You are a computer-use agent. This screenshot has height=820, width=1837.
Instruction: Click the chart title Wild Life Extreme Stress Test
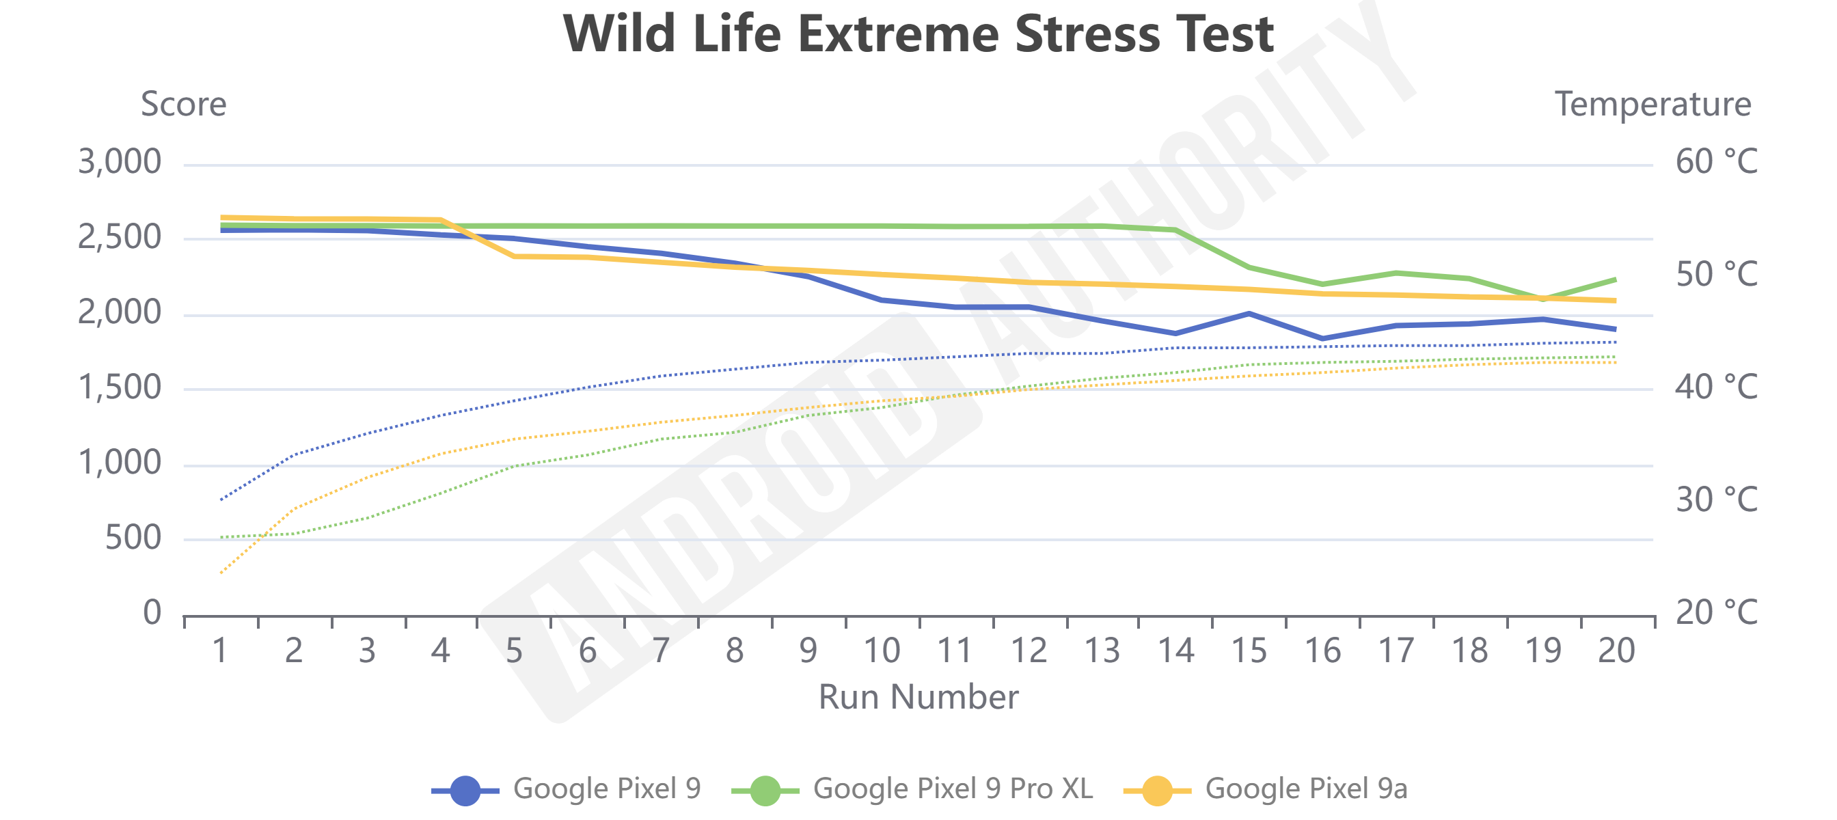point(918,34)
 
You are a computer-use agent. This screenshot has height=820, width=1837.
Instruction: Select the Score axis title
point(183,105)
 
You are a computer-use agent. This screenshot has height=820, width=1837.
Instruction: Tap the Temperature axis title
point(1652,105)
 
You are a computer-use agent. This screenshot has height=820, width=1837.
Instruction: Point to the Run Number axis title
point(918,696)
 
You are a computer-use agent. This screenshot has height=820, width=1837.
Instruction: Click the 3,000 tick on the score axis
point(120,162)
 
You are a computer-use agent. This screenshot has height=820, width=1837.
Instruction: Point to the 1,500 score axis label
point(120,388)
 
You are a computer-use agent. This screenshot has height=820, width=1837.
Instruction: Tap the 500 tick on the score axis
point(133,538)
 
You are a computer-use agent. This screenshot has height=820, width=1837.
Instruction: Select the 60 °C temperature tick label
point(1716,162)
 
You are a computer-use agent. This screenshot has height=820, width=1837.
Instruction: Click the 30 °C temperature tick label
point(1716,500)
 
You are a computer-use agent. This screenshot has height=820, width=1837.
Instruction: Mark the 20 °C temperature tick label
point(1716,612)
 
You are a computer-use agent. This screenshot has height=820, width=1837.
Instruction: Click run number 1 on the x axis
point(220,651)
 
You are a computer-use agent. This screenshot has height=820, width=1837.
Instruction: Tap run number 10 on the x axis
point(882,651)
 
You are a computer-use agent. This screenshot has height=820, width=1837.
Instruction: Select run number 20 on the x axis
point(1616,651)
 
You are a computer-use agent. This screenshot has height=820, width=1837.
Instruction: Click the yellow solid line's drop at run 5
point(514,256)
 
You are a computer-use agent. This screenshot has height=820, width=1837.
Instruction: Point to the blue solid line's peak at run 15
point(1249,314)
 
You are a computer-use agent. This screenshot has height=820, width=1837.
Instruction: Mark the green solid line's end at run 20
point(1614,279)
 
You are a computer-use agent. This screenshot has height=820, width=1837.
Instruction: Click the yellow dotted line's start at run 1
point(222,572)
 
